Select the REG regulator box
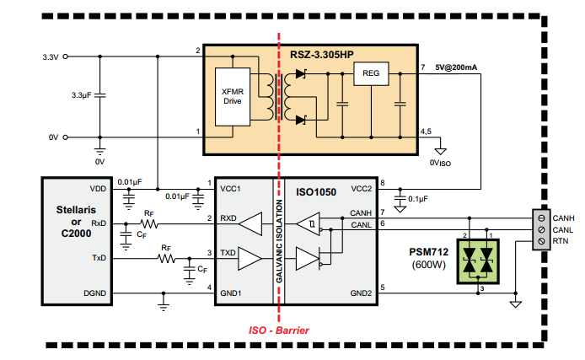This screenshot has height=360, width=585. (x=371, y=74)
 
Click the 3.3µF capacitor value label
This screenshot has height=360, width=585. (x=83, y=95)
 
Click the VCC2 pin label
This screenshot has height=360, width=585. (x=362, y=189)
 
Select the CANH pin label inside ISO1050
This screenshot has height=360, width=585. (x=361, y=214)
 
